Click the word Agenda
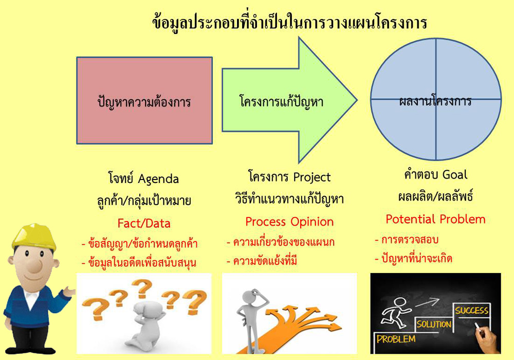(x=158, y=179)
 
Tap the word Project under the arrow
(x=312, y=177)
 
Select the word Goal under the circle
(x=455, y=175)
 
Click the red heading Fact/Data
(x=144, y=223)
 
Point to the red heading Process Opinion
(x=289, y=222)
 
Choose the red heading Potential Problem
(x=435, y=219)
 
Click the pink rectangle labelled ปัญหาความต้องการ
(x=144, y=101)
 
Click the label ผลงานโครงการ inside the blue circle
(x=435, y=101)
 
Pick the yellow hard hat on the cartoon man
(x=34, y=237)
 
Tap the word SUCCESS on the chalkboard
(x=472, y=310)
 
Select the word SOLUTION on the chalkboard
(x=434, y=325)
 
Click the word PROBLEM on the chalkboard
(x=396, y=339)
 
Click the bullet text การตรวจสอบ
(x=410, y=240)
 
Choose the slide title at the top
(x=290, y=22)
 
